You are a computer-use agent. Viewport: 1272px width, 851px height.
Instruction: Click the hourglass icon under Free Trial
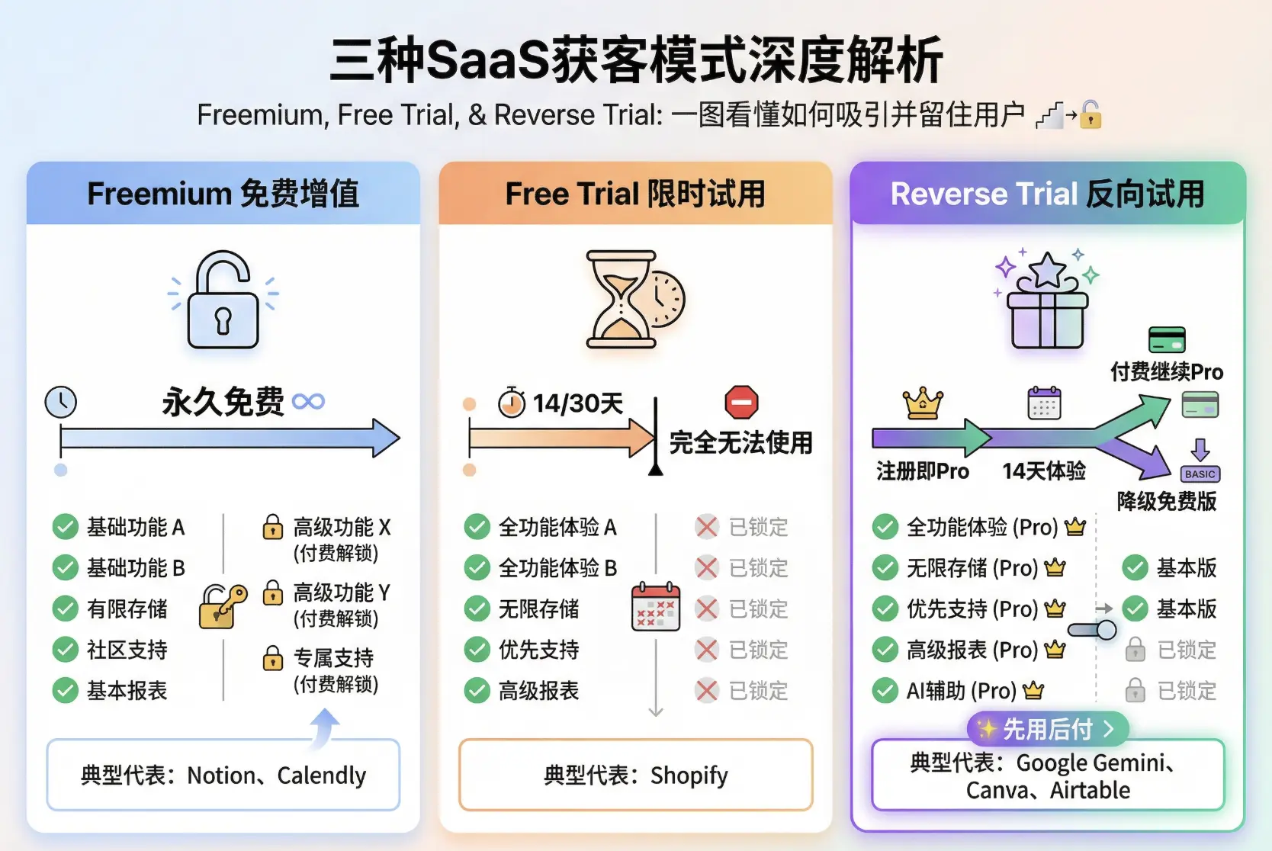click(622, 299)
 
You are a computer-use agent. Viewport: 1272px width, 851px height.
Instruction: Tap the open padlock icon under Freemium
click(223, 300)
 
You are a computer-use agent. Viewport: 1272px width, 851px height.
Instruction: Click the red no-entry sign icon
click(741, 402)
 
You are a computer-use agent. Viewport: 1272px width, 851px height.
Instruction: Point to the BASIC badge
click(1200, 474)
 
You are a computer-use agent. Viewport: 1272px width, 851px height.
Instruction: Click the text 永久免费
click(223, 402)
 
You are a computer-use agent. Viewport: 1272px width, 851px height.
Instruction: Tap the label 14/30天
click(577, 403)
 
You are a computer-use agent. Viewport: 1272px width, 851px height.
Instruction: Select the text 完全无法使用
click(740, 442)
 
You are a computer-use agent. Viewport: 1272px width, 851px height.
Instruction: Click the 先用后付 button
click(1047, 729)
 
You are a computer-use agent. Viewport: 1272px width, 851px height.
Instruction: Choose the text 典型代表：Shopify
click(635, 775)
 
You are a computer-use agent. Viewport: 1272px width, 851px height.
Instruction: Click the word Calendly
click(321, 775)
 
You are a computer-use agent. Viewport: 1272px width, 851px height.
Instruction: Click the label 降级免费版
click(1166, 501)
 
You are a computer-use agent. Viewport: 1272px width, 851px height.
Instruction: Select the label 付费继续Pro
click(1166, 372)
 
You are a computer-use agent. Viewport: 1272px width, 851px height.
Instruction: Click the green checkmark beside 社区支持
click(66, 650)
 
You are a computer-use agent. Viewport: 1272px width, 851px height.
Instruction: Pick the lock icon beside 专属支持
click(272, 657)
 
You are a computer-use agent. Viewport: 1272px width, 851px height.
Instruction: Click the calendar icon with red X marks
click(656, 608)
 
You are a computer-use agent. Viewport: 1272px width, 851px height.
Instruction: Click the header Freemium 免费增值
click(223, 194)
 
